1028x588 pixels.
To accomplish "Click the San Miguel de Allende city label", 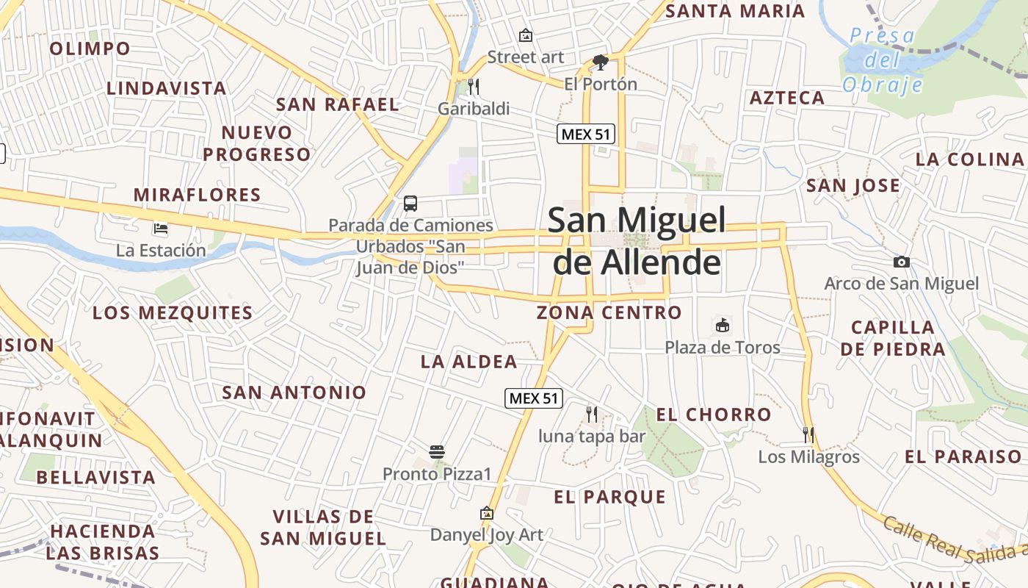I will [x=637, y=241].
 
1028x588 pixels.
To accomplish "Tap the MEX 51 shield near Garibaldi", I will [x=585, y=134].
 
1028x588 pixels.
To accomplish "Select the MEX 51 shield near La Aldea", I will [x=534, y=398].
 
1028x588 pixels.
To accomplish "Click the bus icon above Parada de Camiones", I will [x=410, y=204].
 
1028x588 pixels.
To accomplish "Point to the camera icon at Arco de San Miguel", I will [x=901, y=262].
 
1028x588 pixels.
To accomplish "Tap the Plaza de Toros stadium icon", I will [x=723, y=325].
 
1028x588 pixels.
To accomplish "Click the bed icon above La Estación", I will [x=161, y=229].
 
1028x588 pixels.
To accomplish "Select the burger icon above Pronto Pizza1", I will [x=437, y=451].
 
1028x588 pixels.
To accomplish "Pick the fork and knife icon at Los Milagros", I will [x=808, y=435].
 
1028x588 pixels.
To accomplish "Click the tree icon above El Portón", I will [x=600, y=62].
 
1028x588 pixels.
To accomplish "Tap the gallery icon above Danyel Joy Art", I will [x=486, y=513].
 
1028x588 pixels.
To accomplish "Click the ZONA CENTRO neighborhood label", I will [x=609, y=312].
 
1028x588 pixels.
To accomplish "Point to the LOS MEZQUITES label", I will [x=173, y=313].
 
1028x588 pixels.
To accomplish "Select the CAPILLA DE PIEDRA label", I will [x=893, y=338].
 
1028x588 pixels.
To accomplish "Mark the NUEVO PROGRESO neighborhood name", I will [x=257, y=143].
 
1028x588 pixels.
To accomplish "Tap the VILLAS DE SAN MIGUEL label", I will [x=323, y=527].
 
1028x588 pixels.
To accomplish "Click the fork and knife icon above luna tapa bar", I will [x=592, y=415].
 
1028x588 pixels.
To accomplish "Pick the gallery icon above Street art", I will [x=526, y=35].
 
